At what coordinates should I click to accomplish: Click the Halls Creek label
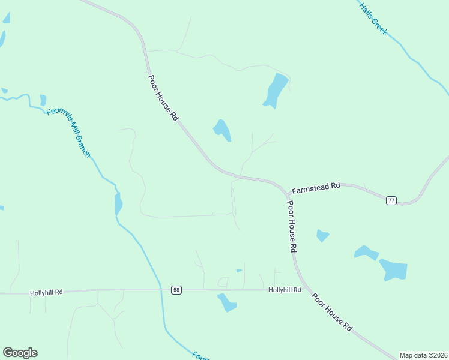click(373, 19)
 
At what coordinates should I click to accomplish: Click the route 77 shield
click(391, 200)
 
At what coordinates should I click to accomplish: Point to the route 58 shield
click(176, 290)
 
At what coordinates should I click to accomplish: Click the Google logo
click(20, 353)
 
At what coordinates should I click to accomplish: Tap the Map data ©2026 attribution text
click(423, 355)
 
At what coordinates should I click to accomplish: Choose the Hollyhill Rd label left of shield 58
click(46, 293)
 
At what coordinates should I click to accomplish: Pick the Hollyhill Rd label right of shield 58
click(285, 290)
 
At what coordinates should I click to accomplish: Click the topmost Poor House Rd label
click(163, 98)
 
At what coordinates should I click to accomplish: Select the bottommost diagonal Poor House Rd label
click(331, 312)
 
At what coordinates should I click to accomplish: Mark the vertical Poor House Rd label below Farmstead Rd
click(292, 226)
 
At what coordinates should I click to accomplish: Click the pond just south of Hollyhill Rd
click(227, 303)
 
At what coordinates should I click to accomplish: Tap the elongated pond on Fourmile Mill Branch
click(118, 203)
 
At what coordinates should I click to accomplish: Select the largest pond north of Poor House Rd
click(276, 90)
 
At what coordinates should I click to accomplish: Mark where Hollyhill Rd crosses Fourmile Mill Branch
click(160, 289)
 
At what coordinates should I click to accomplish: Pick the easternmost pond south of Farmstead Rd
click(394, 270)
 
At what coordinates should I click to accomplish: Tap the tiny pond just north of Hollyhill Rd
click(239, 271)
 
